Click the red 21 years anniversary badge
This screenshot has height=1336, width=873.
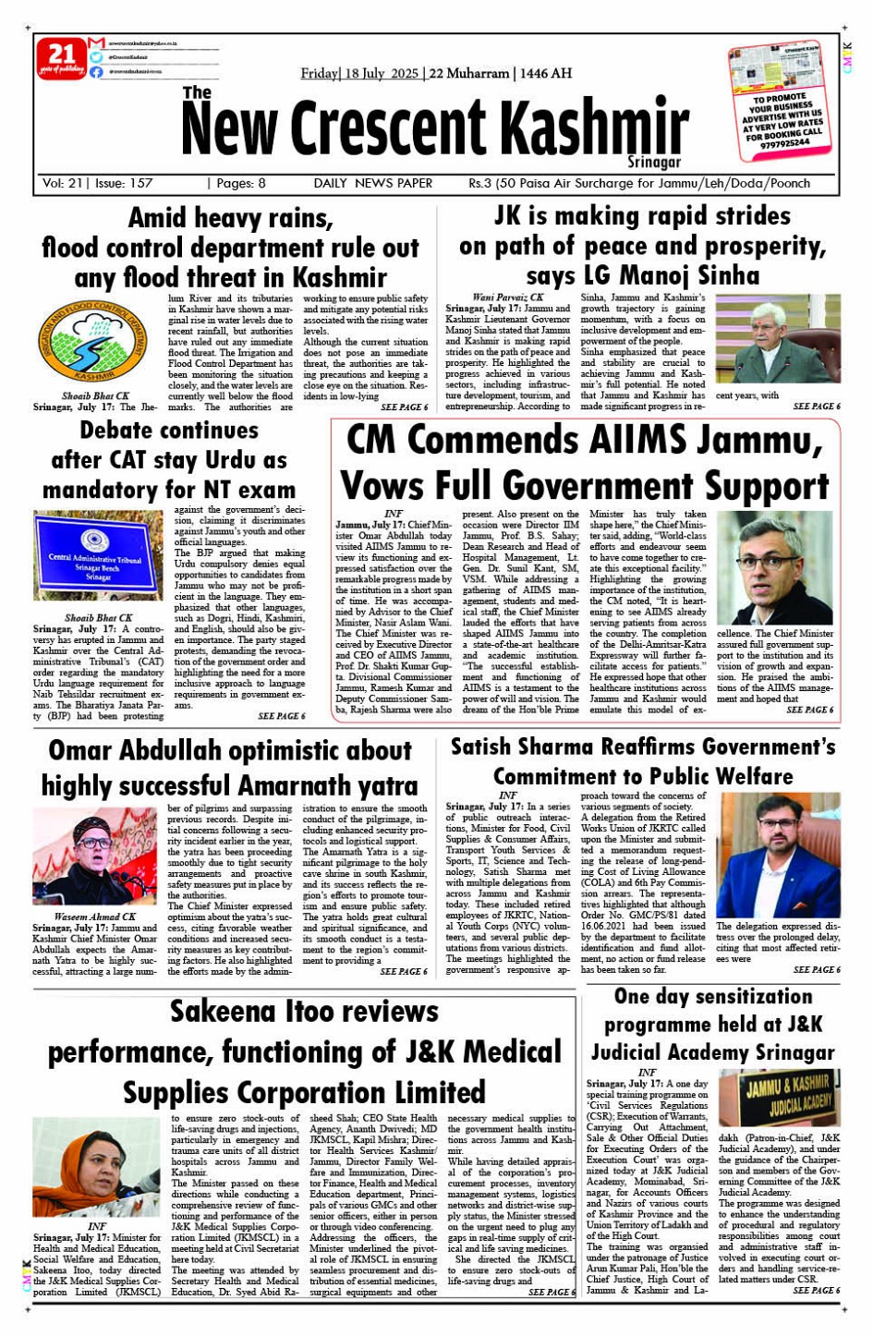[61, 58]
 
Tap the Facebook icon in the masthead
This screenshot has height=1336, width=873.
[97, 71]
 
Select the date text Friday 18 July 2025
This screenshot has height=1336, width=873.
[359, 73]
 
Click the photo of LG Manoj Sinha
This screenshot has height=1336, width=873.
[790, 339]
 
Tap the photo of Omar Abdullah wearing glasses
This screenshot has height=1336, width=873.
[775, 568]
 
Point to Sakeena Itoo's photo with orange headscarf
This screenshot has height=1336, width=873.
[96, 1167]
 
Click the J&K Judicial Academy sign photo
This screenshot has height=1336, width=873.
[779, 1097]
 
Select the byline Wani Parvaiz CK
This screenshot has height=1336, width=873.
[507, 298]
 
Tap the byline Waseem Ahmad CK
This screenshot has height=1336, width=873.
[94, 917]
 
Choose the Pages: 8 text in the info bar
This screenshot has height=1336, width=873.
[237, 183]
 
